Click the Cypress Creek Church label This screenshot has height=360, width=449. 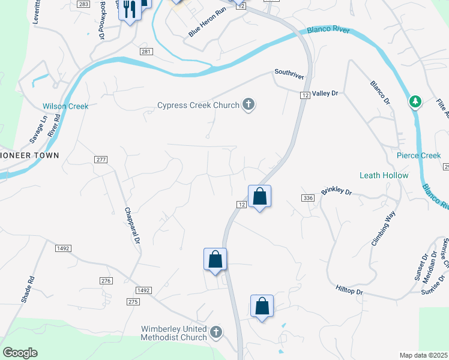[197, 106]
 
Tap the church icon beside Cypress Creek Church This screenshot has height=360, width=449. [248, 106]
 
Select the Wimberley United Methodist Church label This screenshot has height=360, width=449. [173, 333]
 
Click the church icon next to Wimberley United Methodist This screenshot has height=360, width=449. [216, 332]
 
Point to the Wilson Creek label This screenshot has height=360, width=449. [65, 106]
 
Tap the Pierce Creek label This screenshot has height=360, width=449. [419, 155]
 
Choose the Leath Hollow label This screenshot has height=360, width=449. [384, 175]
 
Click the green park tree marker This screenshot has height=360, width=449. [414, 102]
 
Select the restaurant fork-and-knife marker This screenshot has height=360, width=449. [128, 9]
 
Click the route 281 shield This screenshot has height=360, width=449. [146, 52]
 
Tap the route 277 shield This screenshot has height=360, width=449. [101, 159]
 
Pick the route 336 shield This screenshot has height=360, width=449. [309, 198]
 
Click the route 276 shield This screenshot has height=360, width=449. [106, 281]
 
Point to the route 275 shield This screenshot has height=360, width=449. [133, 302]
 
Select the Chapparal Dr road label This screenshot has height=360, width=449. [132, 226]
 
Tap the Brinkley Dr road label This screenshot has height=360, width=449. [336, 191]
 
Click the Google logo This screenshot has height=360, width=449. [20, 353]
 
